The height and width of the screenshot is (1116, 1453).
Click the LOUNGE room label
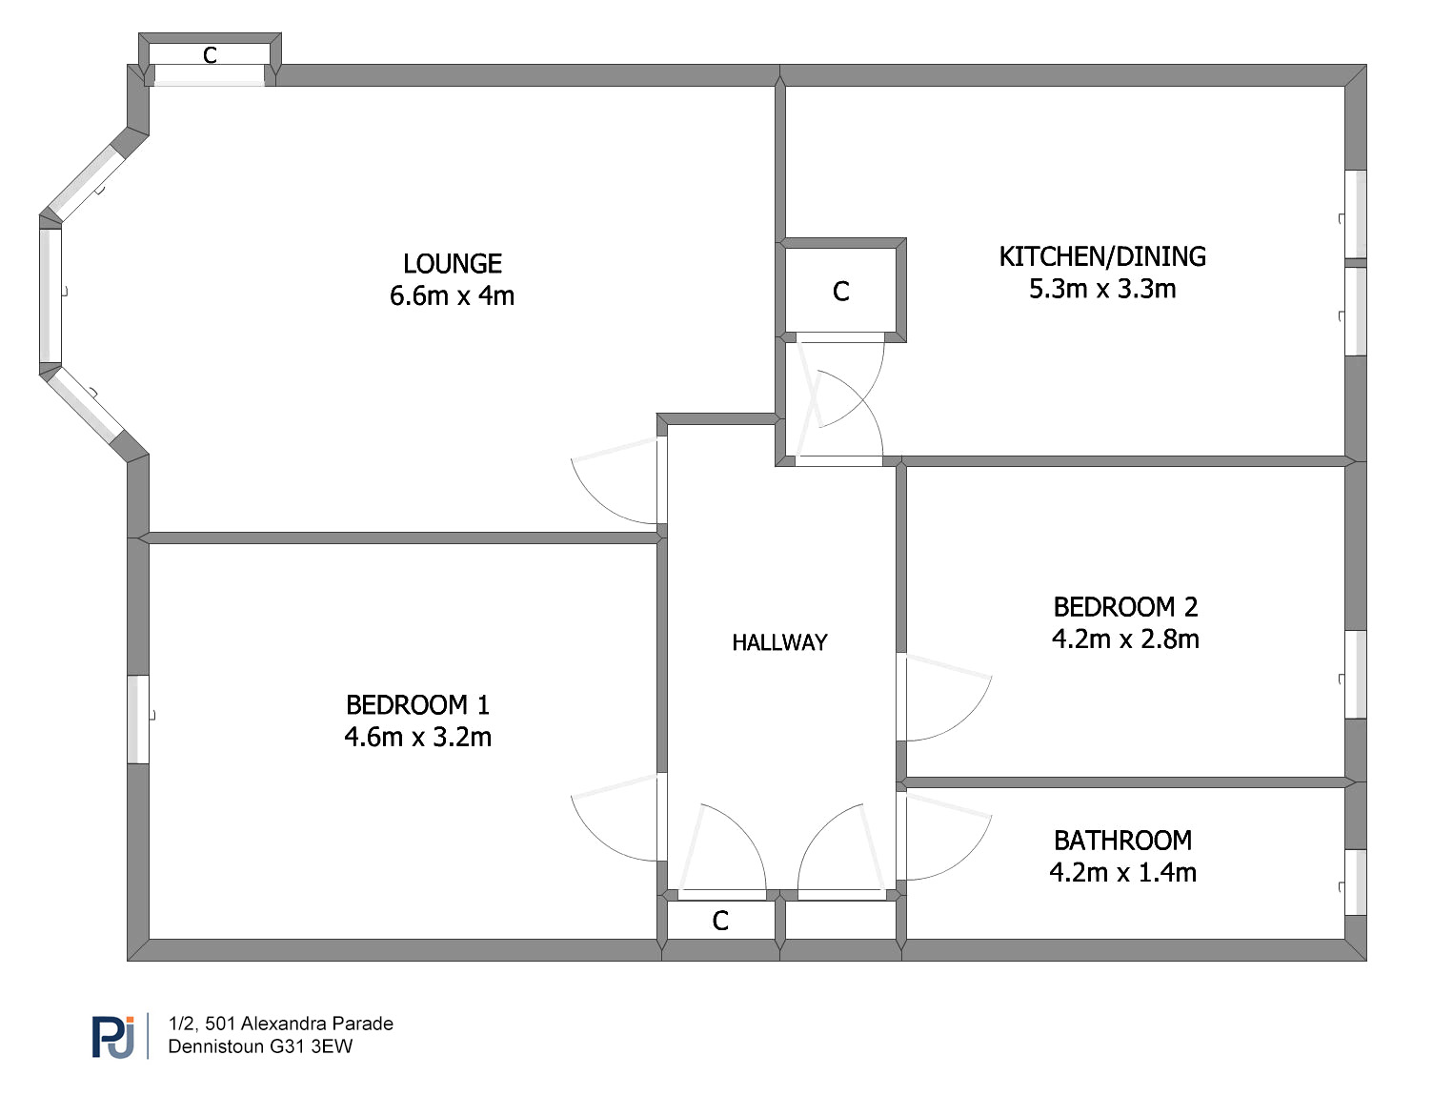(x=452, y=263)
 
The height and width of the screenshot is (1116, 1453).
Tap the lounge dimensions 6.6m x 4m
(x=452, y=295)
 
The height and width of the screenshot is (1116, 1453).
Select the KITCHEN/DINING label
(x=1102, y=256)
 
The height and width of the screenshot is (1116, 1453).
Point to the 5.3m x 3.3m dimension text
(x=1102, y=289)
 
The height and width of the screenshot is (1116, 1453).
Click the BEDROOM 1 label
(x=418, y=705)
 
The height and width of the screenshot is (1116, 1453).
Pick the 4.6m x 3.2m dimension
(x=418, y=737)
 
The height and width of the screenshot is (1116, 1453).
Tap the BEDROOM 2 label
(x=1125, y=607)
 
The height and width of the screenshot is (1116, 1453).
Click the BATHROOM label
(x=1122, y=841)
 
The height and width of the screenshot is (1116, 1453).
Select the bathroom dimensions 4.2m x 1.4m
(x=1122, y=873)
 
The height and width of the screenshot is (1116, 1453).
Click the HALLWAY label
(x=779, y=642)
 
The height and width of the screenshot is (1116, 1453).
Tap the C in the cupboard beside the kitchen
(x=840, y=292)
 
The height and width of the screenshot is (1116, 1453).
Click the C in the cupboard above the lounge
(x=210, y=55)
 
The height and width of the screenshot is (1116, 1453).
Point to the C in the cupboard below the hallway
(x=720, y=921)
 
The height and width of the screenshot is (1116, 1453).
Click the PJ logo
(x=113, y=1037)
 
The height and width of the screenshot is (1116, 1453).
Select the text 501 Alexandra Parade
(x=299, y=1024)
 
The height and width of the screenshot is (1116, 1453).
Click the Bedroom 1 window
(x=138, y=720)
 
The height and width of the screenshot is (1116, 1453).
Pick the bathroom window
(x=1356, y=883)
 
